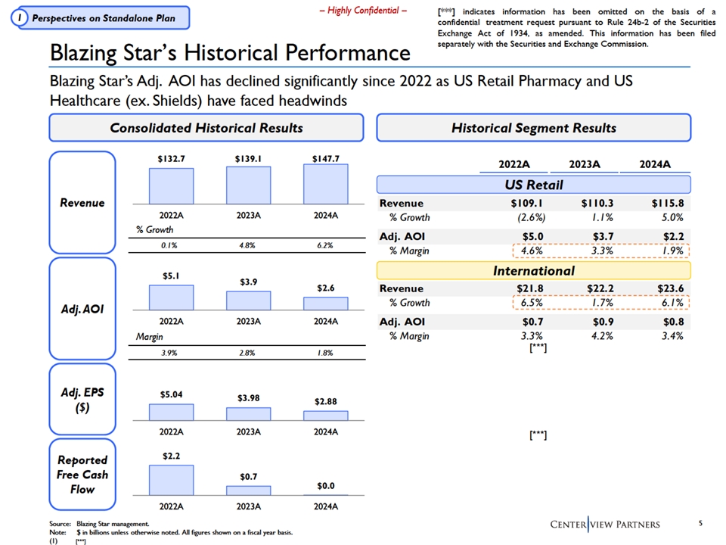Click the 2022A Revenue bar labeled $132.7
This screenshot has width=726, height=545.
[171, 185]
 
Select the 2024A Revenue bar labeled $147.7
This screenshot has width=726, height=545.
[326, 184]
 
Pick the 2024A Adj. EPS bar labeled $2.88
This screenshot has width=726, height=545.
[326, 416]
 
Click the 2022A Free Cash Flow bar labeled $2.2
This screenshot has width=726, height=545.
[171, 480]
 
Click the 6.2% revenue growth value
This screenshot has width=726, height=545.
[326, 245]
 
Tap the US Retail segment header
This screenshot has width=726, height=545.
[534, 185]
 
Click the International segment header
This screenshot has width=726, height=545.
[534, 270]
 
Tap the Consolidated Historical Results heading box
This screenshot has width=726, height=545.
[206, 128]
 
